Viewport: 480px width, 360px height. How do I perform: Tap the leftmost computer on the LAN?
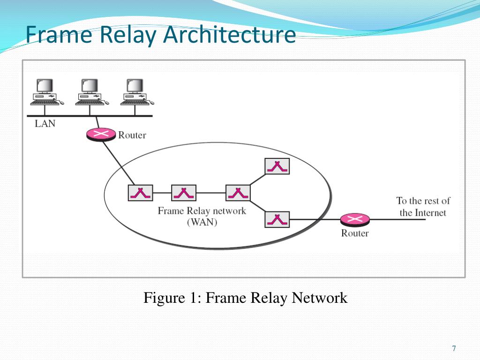(x=45, y=91)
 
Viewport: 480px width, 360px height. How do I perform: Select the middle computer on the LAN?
(x=89, y=91)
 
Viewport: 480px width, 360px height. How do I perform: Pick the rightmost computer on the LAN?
(x=135, y=91)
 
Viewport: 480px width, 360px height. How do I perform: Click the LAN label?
(x=45, y=124)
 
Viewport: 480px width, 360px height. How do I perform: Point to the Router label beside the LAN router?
(x=132, y=135)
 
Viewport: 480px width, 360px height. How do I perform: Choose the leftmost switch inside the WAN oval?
(x=140, y=193)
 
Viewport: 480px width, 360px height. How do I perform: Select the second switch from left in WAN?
(x=184, y=193)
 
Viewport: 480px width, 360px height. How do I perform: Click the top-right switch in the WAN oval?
(x=277, y=166)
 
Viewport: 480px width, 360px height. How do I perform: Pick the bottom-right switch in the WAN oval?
(x=277, y=219)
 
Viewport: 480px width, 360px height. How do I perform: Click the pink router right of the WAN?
(x=355, y=219)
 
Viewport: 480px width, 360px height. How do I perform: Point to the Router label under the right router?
(x=355, y=233)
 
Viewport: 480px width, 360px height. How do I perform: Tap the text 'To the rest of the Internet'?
(x=423, y=207)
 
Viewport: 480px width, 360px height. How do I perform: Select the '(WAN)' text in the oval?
(x=202, y=223)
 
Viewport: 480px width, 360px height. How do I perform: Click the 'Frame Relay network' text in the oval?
(x=202, y=211)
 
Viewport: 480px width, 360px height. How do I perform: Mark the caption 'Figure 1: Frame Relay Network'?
(x=245, y=298)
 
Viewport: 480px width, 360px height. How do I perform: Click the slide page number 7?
(x=454, y=348)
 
